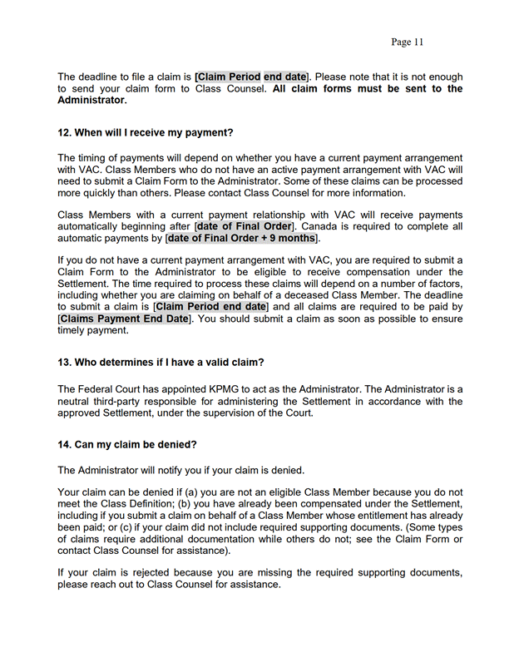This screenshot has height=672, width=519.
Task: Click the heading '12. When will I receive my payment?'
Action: coord(146,132)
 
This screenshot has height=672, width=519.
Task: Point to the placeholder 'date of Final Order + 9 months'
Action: coord(242,238)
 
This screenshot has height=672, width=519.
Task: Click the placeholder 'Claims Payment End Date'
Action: coord(124,319)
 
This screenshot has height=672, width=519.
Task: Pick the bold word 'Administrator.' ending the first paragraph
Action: coord(92,101)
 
